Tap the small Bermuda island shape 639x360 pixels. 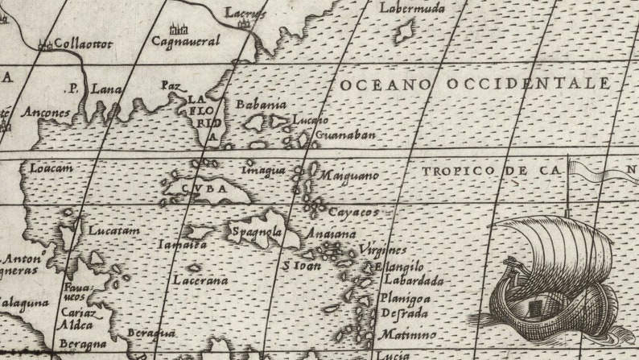pos(404,32)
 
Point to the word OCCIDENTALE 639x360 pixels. pos(515,84)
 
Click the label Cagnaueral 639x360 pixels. pos(185,40)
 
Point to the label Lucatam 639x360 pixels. pos(113,230)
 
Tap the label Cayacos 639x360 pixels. pos(353,212)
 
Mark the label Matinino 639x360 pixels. pos(408,334)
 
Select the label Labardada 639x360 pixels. pos(414,281)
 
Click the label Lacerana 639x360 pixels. pos(200,280)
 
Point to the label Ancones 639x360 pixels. pos(46,113)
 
